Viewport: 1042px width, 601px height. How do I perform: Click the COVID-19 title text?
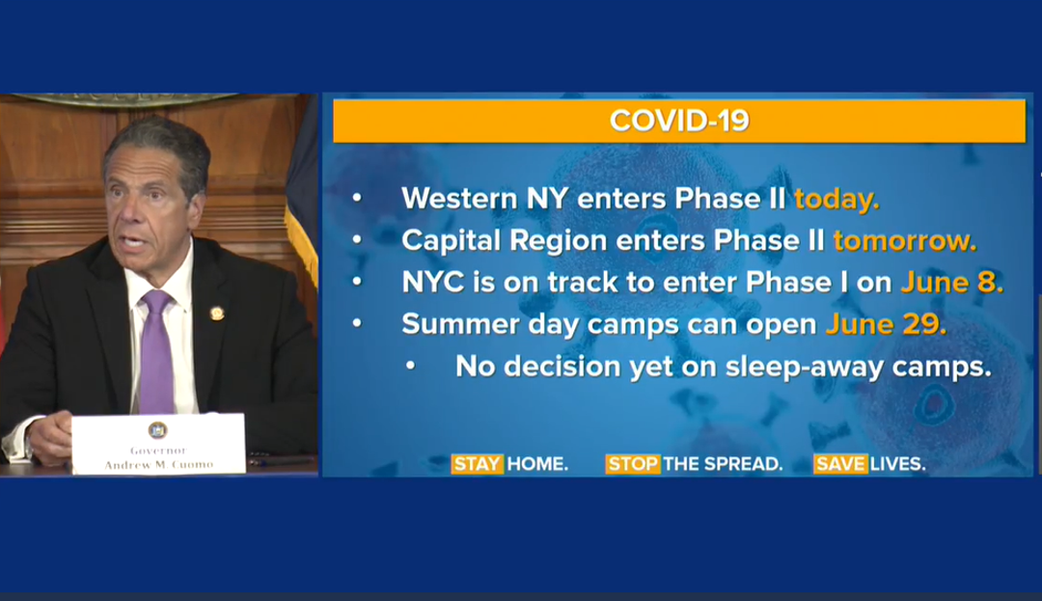(679, 121)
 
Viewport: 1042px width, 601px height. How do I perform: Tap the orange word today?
(836, 200)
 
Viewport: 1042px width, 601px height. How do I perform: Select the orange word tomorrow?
(905, 240)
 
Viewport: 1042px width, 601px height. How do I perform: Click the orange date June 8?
(951, 283)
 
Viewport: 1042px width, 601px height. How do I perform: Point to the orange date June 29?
(886, 324)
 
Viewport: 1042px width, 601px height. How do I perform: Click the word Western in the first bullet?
(459, 199)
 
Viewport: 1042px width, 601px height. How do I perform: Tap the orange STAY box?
(478, 464)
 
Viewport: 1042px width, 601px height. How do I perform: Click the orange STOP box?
(633, 464)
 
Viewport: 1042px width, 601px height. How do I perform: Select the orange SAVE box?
(840, 464)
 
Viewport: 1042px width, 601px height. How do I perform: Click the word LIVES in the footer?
(898, 464)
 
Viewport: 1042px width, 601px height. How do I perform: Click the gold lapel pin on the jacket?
(217, 313)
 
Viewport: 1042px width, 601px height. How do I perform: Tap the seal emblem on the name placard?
(157, 430)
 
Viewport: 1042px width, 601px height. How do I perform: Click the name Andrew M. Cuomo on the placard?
(159, 465)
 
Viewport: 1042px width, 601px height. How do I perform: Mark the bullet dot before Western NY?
(358, 198)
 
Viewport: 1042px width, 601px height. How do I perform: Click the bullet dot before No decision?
(411, 366)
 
